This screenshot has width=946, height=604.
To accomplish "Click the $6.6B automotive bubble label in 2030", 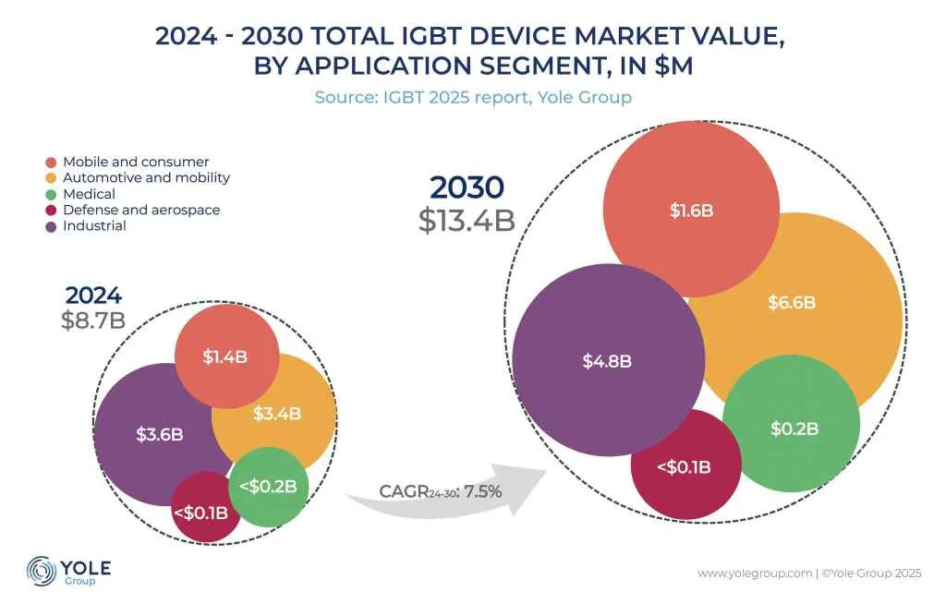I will pyautogui.click(x=793, y=302).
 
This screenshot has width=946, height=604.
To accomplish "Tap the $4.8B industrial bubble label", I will pyautogui.click(x=607, y=361).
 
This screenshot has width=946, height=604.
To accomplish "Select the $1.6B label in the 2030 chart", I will pyautogui.click(x=691, y=211).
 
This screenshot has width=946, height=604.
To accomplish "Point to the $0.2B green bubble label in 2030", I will pyautogui.click(x=794, y=429).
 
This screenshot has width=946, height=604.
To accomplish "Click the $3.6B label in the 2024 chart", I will pyautogui.click(x=160, y=433).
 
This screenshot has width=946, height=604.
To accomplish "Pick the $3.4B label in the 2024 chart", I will pyautogui.click(x=277, y=414).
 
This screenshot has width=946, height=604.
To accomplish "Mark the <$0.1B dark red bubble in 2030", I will pyautogui.click(x=684, y=466).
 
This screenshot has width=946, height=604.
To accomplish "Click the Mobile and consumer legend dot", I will pyautogui.click(x=51, y=163).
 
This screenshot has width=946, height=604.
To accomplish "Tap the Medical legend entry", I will pyautogui.click(x=89, y=194).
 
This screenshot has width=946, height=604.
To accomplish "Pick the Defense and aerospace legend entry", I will pyautogui.click(x=140, y=210).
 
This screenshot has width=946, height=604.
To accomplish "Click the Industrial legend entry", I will pyautogui.click(x=94, y=226).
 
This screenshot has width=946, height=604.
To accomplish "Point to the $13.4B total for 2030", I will pyautogui.click(x=467, y=221).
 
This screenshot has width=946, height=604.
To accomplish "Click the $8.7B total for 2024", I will pyautogui.click(x=92, y=320).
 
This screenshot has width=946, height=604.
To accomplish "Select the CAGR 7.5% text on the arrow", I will pyautogui.click(x=440, y=491).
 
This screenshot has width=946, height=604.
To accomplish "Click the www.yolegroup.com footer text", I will pyautogui.click(x=755, y=574).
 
